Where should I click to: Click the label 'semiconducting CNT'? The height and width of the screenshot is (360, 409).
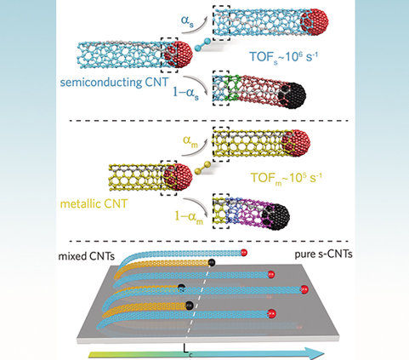coord(114,83)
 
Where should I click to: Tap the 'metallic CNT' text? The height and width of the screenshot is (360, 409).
coord(94,203)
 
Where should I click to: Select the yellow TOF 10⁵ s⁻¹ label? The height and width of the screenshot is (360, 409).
coord(287,178)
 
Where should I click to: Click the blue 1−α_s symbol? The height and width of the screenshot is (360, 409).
coord(185,93)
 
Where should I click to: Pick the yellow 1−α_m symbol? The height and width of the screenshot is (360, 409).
coord(189,217)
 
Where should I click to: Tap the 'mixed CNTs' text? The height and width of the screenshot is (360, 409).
coord(87,256)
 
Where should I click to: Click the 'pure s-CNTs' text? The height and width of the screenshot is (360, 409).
coord(324,254)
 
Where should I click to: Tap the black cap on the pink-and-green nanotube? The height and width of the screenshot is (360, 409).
coord(293,95)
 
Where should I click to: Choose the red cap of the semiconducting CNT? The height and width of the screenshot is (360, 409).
coord(179,54)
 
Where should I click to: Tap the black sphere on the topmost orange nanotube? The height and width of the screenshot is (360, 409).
coord(211,263)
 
